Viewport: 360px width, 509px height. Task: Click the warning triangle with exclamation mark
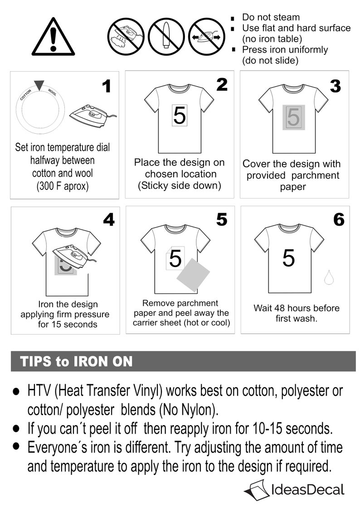point(53,37)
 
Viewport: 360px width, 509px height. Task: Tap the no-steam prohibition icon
point(126,36)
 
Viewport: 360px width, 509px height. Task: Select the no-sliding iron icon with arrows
point(206,36)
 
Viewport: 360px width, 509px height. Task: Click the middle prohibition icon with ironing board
point(166,36)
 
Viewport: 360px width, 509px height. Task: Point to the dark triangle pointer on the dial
point(39,85)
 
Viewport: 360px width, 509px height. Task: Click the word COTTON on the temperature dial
point(25,94)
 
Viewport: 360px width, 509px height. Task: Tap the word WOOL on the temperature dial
point(52,92)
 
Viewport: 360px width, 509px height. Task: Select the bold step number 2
point(222,85)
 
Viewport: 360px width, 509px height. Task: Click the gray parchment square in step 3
point(293,117)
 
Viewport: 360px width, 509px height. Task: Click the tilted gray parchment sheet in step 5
point(193,275)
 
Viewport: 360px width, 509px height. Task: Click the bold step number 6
point(339,220)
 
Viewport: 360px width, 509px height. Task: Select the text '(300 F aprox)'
point(62,186)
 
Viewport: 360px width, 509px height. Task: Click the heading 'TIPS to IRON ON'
point(76,362)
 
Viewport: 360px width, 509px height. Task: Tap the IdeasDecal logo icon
point(256,490)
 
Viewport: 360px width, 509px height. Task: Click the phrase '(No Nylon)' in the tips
point(189,410)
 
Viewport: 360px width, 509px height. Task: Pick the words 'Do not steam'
point(271,17)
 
